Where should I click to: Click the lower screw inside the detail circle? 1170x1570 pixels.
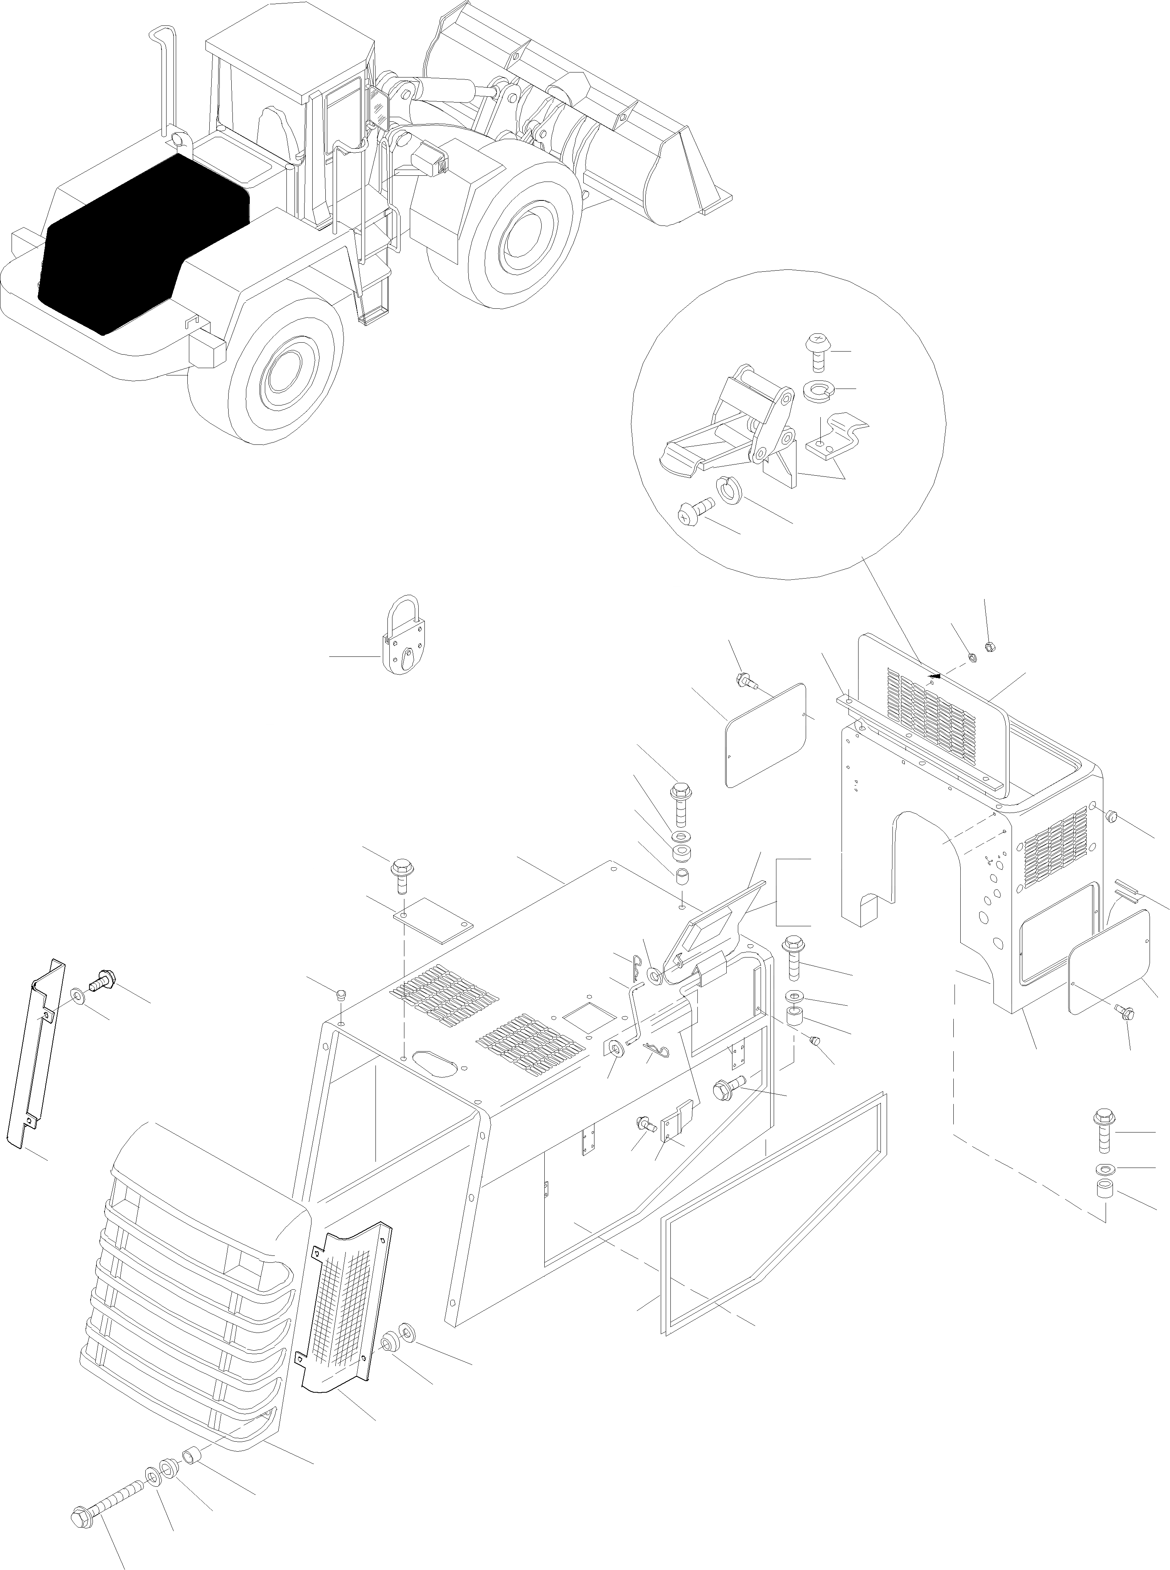[694, 510]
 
